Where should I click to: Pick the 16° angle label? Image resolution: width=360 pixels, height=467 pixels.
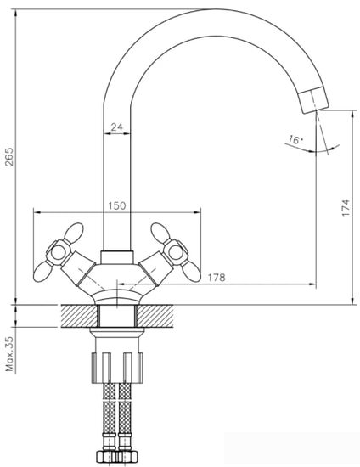pyautogui.click(x=295, y=141)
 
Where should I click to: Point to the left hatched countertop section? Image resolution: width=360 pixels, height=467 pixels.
pyautogui.click(x=79, y=315)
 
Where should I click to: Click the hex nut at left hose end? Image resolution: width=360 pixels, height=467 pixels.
pyautogui.click(x=107, y=455)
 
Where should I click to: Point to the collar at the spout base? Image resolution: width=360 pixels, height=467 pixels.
pyautogui.click(x=117, y=257)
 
